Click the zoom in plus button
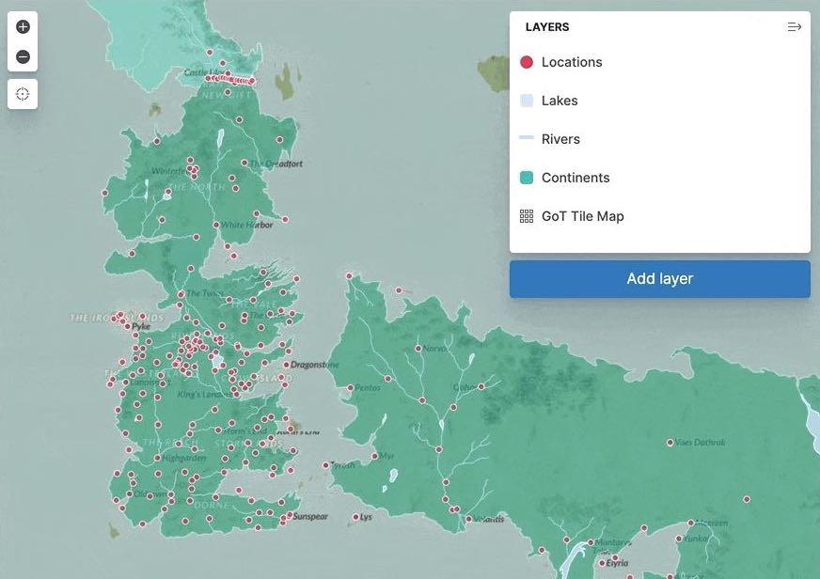tap(24, 27)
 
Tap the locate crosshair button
tap(24, 94)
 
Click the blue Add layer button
tap(659, 279)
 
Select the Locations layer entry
tap(571, 62)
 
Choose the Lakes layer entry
tap(559, 101)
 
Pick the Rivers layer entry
tap(560, 139)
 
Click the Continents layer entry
tap(575, 178)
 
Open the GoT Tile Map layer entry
tap(582, 216)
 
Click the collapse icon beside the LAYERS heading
tap(794, 27)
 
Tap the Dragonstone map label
tap(315, 365)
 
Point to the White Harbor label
tap(247, 226)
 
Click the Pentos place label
tap(368, 387)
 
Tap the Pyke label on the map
tap(142, 327)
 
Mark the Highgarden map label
tap(183, 459)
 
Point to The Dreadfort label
tap(276, 164)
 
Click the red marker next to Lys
tap(355, 517)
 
